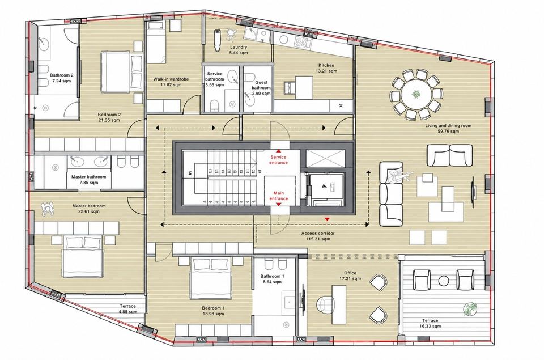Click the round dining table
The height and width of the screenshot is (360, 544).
pyautogui.click(x=416, y=95)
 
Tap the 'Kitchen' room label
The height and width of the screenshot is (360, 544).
pyautogui.click(x=326, y=65)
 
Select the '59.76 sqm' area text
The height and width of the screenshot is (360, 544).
pyautogui.click(x=448, y=131)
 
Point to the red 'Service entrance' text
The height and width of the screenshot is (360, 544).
pyautogui.click(x=278, y=160)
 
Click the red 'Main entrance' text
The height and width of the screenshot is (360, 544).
pyautogui.click(x=278, y=196)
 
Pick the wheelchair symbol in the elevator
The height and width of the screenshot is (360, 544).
pyautogui.click(x=325, y=187)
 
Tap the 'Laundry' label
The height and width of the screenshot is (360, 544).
pyautogui.click(x=239, y=47)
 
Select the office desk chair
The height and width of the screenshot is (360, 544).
pyautogui.click(x=325, y=305)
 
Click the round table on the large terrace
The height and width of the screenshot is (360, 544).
pyautogui.click(x=443, y=281)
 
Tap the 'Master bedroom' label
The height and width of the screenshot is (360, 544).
pyautogui.click(x=89, y=206)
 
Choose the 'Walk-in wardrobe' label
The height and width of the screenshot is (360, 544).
pyautogui.click(x=171, y=79)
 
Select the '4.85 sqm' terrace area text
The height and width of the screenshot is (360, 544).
pyautogui.click(x=128, y=312)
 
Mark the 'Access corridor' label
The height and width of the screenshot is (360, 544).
pyautogui.click(x=318, y=233)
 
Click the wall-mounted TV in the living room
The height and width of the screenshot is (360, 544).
pyautogui.click(x=473, y=192)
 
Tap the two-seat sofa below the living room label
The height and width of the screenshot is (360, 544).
pyautogui.click(x=449, y=155)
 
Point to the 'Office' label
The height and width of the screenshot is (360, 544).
pyautogui.click(x=350, y=273)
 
